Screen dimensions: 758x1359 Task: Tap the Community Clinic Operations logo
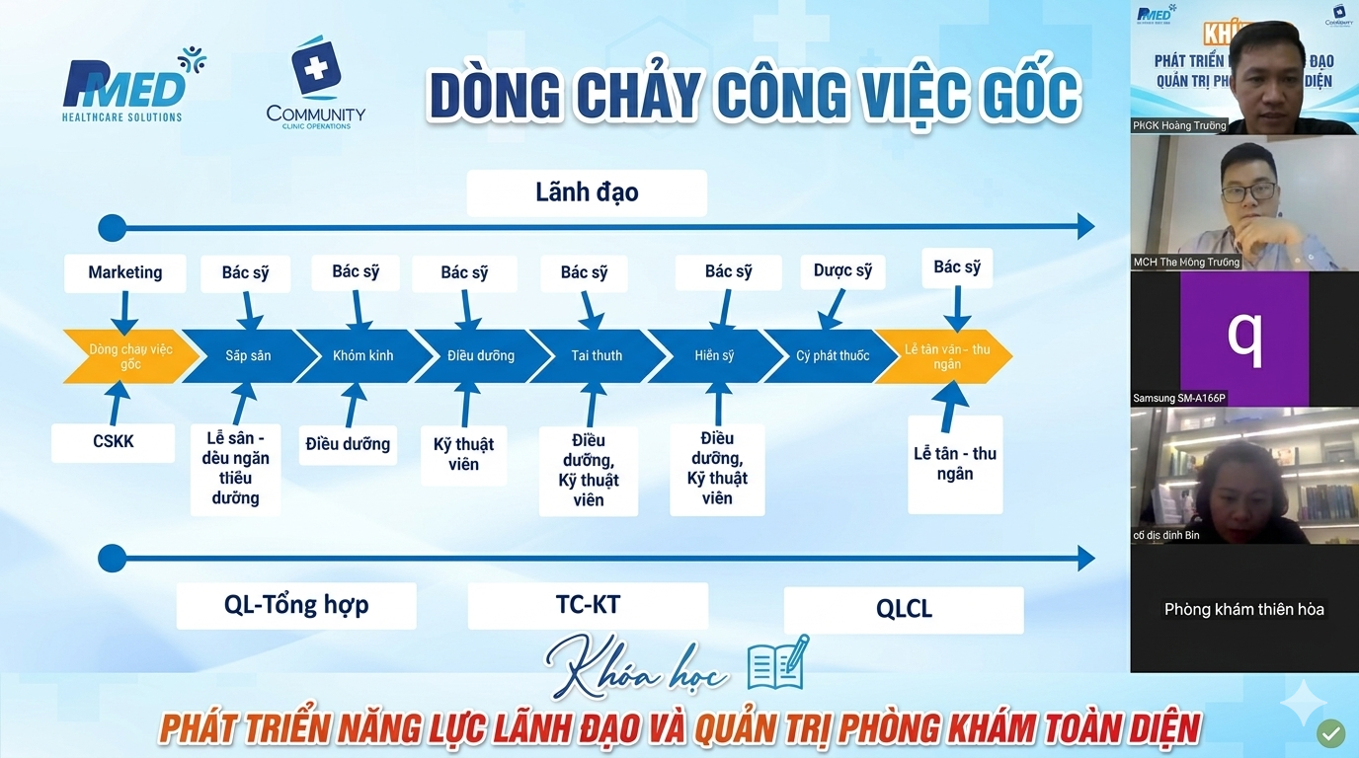(x=316, y=84)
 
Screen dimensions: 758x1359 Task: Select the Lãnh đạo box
(x=587, y=192)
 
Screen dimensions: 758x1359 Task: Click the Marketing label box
(x=125, y=272)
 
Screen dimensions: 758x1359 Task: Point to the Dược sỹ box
(x=842, y=271)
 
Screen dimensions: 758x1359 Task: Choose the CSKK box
(x=114, y=442)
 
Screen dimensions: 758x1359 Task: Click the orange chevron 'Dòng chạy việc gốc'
(x=128, y=356)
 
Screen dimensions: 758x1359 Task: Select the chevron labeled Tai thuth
(x=597, y=356)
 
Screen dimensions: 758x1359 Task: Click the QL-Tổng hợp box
(x=296, y=605)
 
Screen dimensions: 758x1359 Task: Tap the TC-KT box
(x=588, y=605)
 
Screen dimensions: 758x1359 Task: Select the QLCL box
(x=904, y=610)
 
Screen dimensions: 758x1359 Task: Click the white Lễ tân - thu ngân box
(x=955, y=464)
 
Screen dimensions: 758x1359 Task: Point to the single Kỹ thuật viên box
(x=463, y=455)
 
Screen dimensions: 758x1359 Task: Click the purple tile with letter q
(x=1244, y=339)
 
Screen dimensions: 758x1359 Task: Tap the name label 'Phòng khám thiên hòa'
(x=1244, y=609)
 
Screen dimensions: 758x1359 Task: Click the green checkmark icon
(x=1330, y=732)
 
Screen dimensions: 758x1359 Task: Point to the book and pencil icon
(x=777, y=663)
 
